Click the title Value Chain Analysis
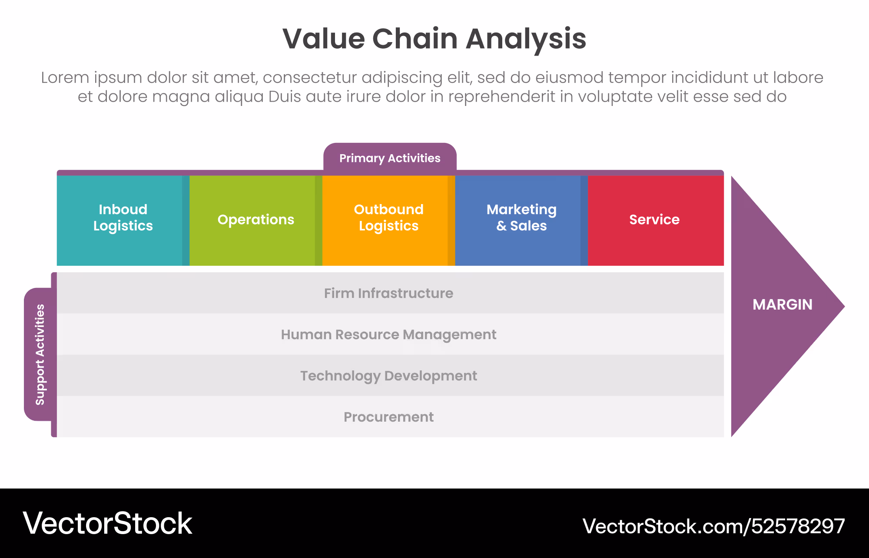point(434,39)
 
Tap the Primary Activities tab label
point(390,158)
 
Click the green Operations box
point(255,220)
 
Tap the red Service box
point(654,220)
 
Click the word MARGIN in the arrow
point(782,305)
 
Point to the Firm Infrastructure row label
point(388,294)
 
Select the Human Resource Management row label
point(388,335)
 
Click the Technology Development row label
point(388,376)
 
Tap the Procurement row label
point(388,417)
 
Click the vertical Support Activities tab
point(40,354)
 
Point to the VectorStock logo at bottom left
point(107,523)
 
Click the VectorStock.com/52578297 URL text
point(713,526)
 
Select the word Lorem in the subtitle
point(65,78)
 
